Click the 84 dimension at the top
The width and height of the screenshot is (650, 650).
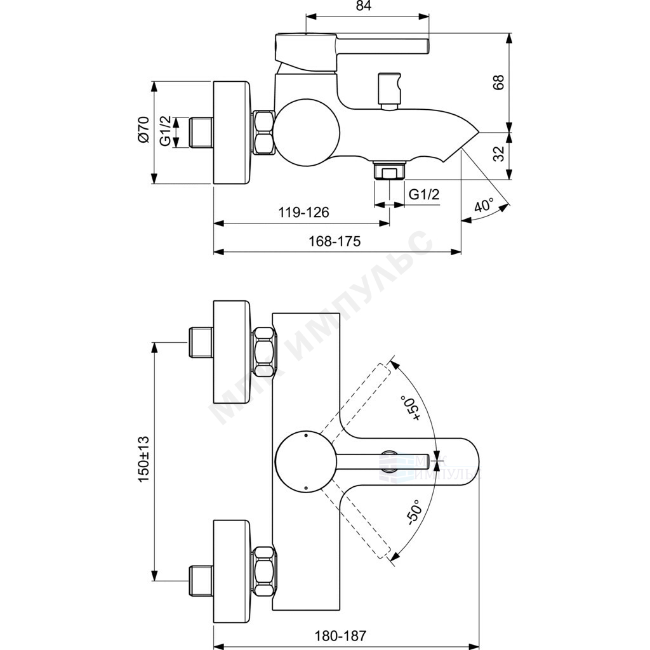pyautogui.click(x=363, y=6)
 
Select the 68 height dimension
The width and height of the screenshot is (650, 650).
pyautogui.click(x=498, y=82)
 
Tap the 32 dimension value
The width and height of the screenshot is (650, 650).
pyautogui.click(x=500, y=154)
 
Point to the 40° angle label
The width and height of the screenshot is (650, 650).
pyautogui.click(x=484, y=205)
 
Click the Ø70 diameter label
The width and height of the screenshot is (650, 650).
pyautogui.click(x=144, y=130)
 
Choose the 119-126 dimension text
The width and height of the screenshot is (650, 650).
pyautogui.click(x=303, y=212)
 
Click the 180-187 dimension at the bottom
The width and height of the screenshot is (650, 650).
pyautogui.click(x=340, y=635)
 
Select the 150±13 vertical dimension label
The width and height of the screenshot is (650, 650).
pyautogui.click(x=144, y=458)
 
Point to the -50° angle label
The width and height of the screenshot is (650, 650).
pyautogui.click(x=414, y=513)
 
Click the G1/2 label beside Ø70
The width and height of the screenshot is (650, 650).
pyautogui.click(x=166, y=131)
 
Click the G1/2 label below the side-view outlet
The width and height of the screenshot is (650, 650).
pyautogui.click(x=423, y=194)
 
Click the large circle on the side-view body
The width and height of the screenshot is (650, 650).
pyautogui.click(x=307, y=132)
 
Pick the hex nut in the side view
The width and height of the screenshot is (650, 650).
pyautogui.click(x=263, y=132)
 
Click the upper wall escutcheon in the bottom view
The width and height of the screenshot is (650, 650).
pyautogui.click(x=232, y=352)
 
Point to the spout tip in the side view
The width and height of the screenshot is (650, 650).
pyautogui.click(x=479, y=133)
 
